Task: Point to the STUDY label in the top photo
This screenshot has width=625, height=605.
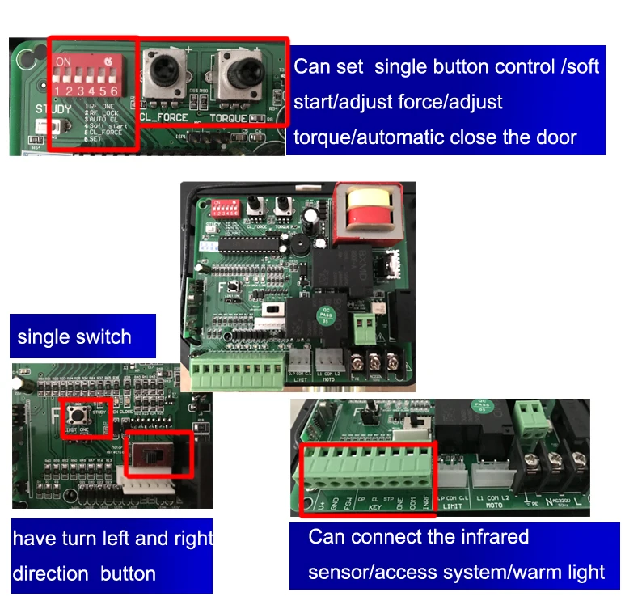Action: coord(53,108)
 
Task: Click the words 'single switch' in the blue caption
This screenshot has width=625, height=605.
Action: coord(74,336)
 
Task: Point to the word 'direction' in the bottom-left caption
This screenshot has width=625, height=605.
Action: coord(50,573)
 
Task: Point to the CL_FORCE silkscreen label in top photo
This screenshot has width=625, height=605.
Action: coord(163,118)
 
